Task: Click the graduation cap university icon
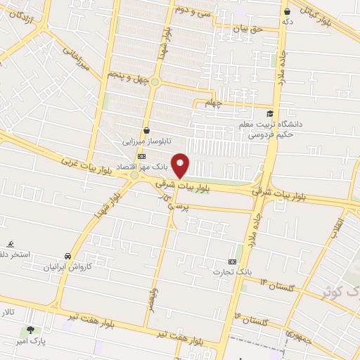pos(269,113)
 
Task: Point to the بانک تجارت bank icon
pos(233,260)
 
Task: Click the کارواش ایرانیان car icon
pos(67,256)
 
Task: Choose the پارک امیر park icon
pos(30,329)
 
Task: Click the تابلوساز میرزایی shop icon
pos(146,130)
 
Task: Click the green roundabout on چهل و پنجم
pos(155,82)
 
